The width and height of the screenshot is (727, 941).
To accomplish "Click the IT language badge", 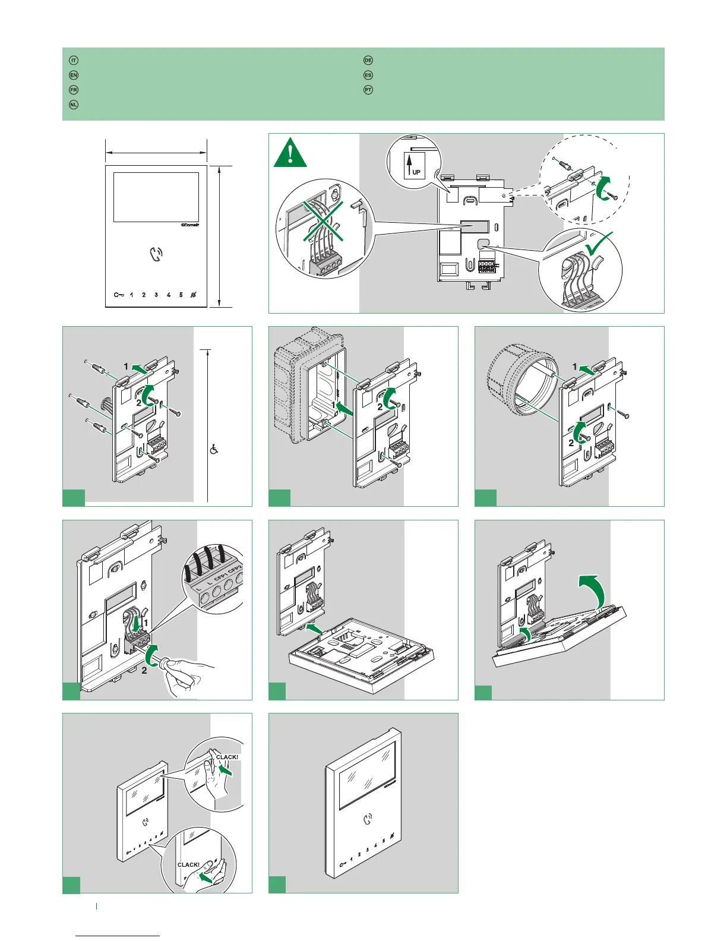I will [74, 61].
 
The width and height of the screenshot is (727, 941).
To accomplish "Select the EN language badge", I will [74, 75].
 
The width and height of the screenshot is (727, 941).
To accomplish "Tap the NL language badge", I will [74, 105].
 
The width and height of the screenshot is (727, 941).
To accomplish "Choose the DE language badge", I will [368, 61].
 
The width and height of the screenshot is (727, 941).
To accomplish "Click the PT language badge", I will [368, 90].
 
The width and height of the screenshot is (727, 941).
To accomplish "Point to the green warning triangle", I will [290, 153].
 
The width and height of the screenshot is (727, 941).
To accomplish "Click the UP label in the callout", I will [416, 172].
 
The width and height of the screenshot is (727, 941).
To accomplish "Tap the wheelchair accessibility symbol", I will [214, 450].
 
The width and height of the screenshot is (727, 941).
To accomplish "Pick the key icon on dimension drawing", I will [119, 295].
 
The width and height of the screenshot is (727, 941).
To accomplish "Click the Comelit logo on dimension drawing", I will [189, 225].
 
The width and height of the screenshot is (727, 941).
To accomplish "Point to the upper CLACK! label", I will [227, 757].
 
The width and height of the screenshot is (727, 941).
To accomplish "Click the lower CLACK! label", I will [188, 865].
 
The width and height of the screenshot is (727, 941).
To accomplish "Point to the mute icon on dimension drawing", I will [194, 295].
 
